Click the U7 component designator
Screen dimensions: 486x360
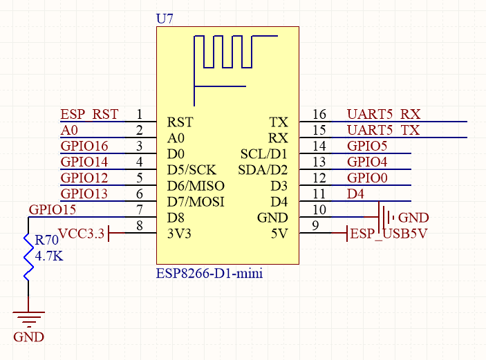pos(165,19)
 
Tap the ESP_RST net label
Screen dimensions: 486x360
pos(89,114)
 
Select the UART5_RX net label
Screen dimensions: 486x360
pos(384,114)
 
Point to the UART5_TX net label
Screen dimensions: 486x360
pos(384,130)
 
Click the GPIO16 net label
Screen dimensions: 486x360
pos(84,146)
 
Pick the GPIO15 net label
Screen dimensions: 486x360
pos(53,210)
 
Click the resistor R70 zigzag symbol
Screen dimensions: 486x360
pos(28,257)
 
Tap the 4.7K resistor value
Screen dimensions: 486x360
pos(49,256)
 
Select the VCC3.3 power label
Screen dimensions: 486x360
pos(81,234)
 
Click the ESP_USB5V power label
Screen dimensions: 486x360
pos(389,234)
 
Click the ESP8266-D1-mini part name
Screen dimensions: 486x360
pos(209,273)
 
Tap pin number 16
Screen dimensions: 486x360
pos(319,114)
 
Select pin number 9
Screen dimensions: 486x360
pos(315,225)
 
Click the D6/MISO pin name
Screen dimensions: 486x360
pos(196,186)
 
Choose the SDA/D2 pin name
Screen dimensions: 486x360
pos(263,170)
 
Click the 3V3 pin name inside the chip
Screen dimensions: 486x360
pos(179,234)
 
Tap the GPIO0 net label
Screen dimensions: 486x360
pos(367,178)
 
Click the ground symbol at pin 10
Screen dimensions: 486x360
pos(386,214)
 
